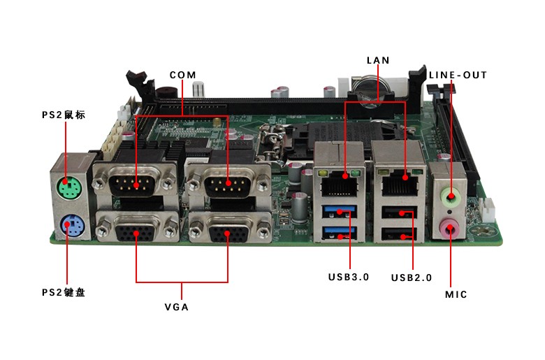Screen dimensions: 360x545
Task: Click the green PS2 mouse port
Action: coord(68,188)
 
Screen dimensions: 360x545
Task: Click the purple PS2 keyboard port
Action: coord(68,225)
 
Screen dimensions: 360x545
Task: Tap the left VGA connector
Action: coord(136,228)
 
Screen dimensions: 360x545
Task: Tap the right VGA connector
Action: coord(228,228)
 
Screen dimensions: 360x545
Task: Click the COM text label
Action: coord(182,75)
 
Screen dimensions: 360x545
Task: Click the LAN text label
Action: coord(378,61)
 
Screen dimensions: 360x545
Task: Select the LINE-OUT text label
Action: coord(458,75)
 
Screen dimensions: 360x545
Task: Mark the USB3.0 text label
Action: coord(348,277)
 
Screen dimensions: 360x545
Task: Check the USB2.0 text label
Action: coord(412,278)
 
